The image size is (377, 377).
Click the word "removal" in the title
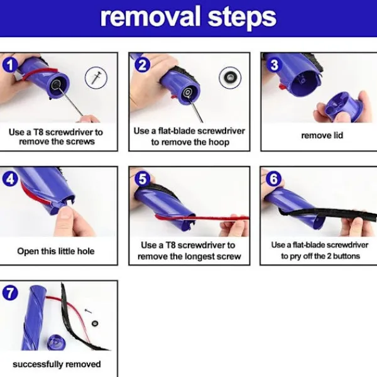pyautogui.click(x=150, y=17)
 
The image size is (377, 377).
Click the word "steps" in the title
pyautogui.click(x=242, y=19)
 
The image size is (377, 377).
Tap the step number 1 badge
pyautogui.click(x=10, y=65)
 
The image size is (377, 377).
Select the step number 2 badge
pyautogui.click(x=143, y=65)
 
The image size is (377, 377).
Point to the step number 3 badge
pyautogui.click(x=275, y=65)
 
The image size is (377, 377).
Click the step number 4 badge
pyautogui.click(x=10, y=179)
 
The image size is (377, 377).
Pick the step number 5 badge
pyautogui.click(x=143, y=179)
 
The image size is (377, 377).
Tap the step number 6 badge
pyautogui.click(x=274, y=179)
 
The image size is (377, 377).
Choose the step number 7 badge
pyautogui.click(x=10, y=293)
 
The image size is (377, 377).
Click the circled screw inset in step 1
pyautogui.click(x=96, y=78)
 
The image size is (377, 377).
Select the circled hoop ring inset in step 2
pyautogui.click(x=230, y=78)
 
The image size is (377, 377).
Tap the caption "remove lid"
pyautogui.click(x=322, y=135)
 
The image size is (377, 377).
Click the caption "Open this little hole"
pyautogui.click(x=56, y=251)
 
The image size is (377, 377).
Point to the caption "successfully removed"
pyautogui.click(x=57, y=364)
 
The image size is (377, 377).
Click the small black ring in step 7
pyautogui.click(x=95, y=323)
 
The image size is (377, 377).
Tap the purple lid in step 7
pyautogui.click(x=57, y=342)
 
